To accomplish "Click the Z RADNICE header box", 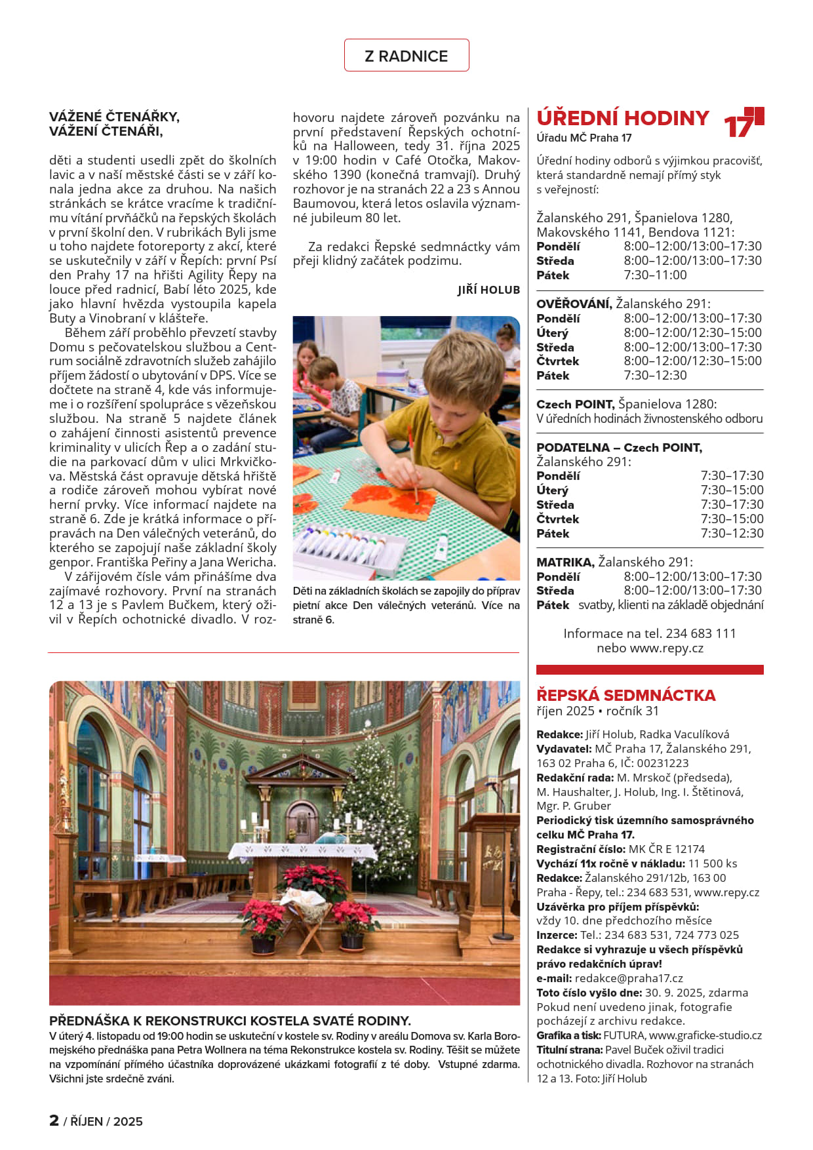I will point(406,56).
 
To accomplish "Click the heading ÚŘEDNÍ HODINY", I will point(622,118).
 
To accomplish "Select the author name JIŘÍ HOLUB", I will point(488,290).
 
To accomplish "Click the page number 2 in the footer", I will point(54,1120).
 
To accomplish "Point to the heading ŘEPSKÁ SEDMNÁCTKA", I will point(625,695).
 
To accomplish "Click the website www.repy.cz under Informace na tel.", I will point(666,648).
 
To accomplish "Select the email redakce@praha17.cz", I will point(629,978).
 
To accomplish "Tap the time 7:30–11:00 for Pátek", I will point(655,275).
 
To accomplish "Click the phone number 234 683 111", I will point(701,633).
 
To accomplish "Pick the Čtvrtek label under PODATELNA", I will point(557,519).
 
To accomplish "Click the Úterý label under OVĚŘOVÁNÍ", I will point(552,333).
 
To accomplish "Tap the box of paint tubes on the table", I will point(347,544).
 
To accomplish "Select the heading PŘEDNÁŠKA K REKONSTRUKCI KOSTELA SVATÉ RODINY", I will point(229,1021).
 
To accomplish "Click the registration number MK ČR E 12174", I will point(667,849).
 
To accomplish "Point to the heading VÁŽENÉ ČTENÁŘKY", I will point(114,117).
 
